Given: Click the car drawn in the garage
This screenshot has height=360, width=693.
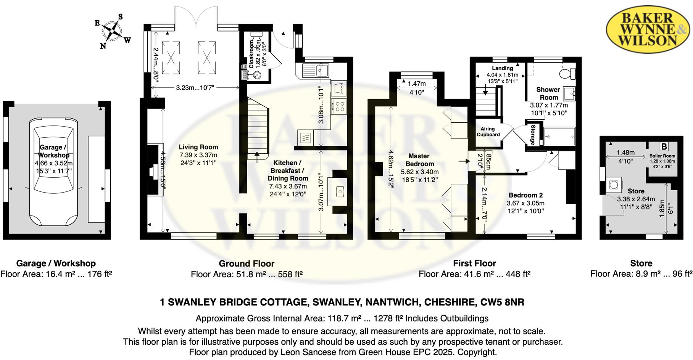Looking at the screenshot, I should tap(53, 172).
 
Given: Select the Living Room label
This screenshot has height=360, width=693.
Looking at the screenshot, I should tap(198, 147).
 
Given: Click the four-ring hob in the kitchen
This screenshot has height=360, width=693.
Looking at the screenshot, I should tap(339, 106).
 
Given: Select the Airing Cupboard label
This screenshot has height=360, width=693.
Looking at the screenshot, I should tap(488, 132).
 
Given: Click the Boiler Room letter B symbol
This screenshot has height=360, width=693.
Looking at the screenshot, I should tap(664, 146).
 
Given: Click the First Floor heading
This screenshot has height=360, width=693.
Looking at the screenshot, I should tap(474, 264).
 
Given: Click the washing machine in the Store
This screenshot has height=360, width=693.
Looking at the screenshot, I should tap(614, 185).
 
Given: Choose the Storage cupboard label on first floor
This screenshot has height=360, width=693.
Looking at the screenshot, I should tap(533, 135).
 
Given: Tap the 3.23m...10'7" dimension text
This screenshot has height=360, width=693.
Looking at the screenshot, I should tap(195, 88).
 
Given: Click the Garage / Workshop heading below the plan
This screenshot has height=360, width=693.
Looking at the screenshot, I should tap(56, 264).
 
